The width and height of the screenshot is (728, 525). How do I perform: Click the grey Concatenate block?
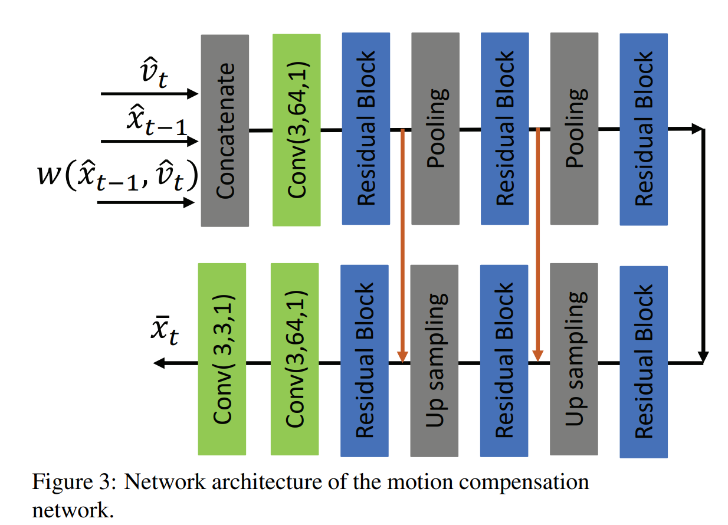[x=225, y=130]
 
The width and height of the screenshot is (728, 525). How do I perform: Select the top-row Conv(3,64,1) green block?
[x=296, y=130]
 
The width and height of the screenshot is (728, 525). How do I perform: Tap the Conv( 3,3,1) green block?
[x=222, y=359]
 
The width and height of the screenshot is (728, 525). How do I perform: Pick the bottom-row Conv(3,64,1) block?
[x=294, y=359]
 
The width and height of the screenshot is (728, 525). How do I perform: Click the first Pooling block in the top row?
[x=435, y=129]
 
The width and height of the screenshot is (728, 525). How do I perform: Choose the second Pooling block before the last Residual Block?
[x=574, y=129]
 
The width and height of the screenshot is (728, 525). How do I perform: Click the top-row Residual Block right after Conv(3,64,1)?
[x=366, y=129]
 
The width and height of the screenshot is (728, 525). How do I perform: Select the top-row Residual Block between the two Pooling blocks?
[x=505, y=129]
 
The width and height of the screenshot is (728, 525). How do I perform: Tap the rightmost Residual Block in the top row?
[x=644, y=129]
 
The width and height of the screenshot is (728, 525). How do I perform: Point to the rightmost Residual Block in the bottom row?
[x=644, y=362]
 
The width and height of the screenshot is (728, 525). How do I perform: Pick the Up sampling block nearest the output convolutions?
[x=434, y=360]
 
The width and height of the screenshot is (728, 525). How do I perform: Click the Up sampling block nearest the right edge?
[x=573, y=360]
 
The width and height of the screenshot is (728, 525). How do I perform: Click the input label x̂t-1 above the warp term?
[x=155, y=121]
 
